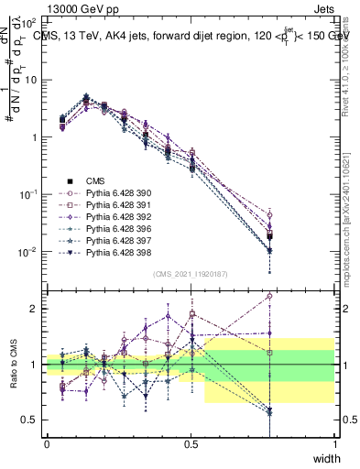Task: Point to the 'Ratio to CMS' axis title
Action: pyautogui.click(x=14, y=367)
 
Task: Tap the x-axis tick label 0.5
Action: pyautogui.click(x=191, y=444)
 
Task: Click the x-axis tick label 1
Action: pyautogui.click(x=334, y=444)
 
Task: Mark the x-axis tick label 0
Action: pyautogui.click(x=47, y=444)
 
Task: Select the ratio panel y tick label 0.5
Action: pyautogui.click(x=30, y=420)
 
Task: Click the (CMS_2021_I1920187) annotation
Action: pyautogui.click(x=191, y=274)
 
